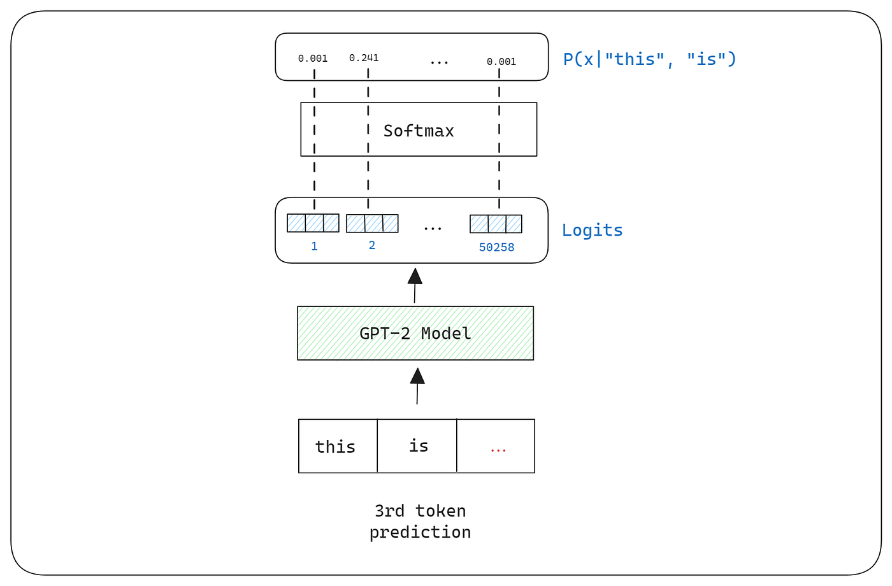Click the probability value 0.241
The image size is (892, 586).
point(364,58)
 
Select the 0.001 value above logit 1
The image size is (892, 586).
point(313,59)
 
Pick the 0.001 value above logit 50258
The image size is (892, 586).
point(501,62)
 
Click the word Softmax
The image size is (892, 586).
point(419,131)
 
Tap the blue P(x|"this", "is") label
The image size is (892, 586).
point(649,59)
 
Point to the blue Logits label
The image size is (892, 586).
point(592,230)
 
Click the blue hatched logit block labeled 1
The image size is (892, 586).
point(313,223)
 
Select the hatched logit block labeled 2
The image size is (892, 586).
point(372,224)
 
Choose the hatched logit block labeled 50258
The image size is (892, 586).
point(496,224)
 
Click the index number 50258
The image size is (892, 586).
point(496,247)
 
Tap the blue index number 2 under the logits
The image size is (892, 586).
point(372,245)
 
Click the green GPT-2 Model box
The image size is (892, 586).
point(415,333)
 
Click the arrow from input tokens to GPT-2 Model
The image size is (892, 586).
point(417,386)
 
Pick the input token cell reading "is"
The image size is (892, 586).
point(418,446)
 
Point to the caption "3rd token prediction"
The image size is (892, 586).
point(420,521)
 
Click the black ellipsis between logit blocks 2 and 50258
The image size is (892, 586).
point(433,228)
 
